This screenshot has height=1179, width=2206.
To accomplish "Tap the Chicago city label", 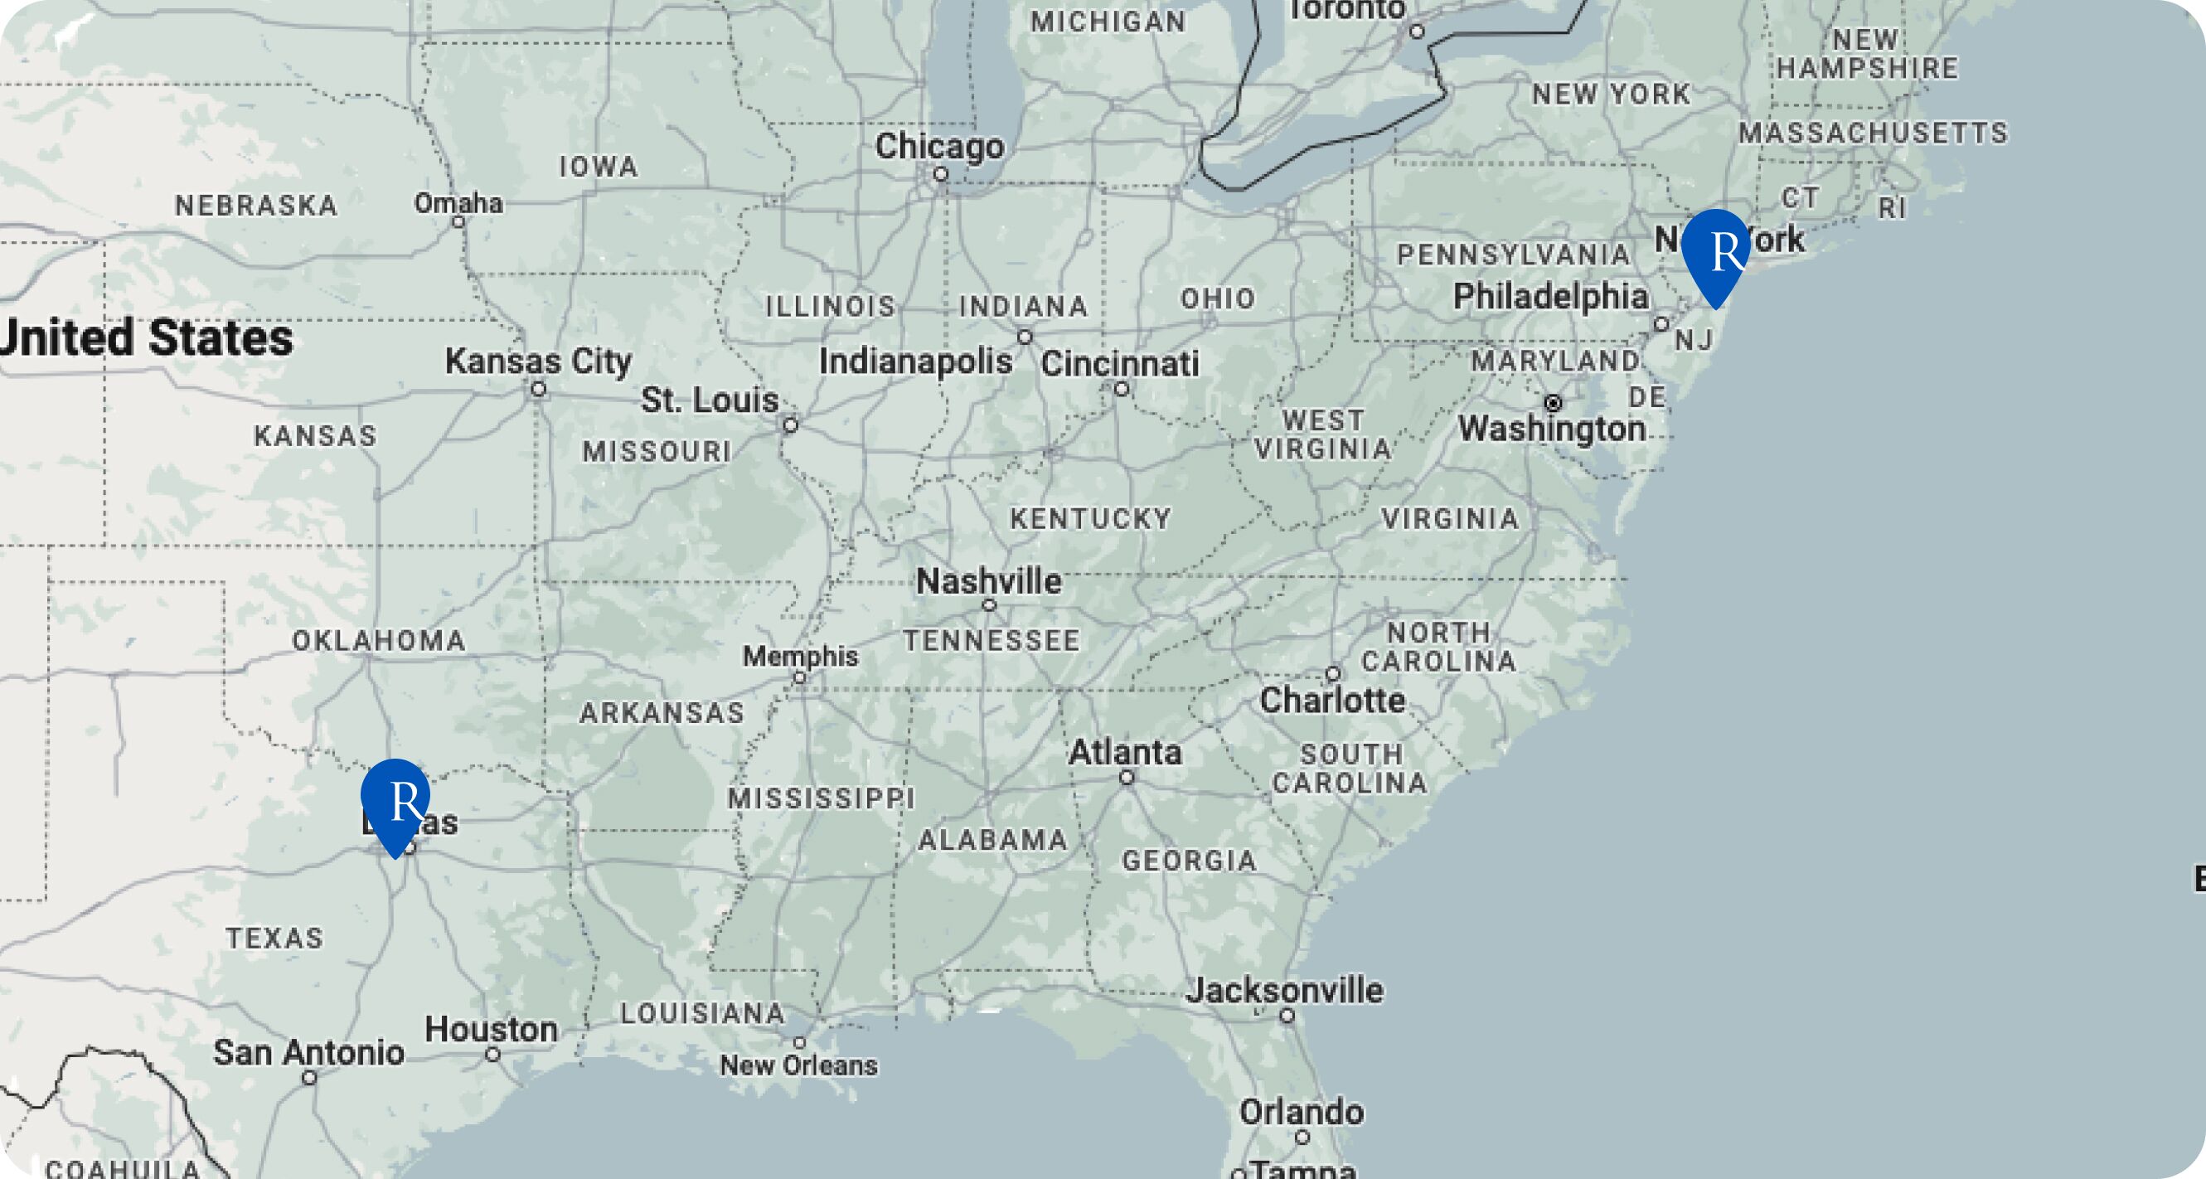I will pyautogui.click(x=939, y=147).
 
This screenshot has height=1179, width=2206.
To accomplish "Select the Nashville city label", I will pyautogui.click(x=988, y=582).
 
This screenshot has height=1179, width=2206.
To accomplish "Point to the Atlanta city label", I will pyautogui.click(x=1125, y=753).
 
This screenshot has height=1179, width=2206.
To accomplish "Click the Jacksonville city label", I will pyautogui.click(x=1283, y=991).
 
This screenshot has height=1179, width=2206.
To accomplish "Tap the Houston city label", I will pyautogui.click(x=492, y=1029).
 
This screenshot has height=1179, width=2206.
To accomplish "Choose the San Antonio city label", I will pyautogui.click(x=308, y=1052).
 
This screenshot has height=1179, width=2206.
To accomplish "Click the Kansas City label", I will pyautogui.click(x=538, y=361).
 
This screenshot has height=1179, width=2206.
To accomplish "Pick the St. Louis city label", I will pyautogui.click(x=710, y=400).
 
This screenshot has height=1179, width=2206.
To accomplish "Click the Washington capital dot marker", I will pyautogui.click(x=1553, y=402).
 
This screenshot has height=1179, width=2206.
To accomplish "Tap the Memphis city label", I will pyautogui.click(x=800, y=657).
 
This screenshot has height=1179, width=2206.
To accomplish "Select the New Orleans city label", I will pyautogui.click(x=798, y=1066).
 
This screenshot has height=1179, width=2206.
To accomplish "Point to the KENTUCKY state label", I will pyautogui.click(x=1090, y=519).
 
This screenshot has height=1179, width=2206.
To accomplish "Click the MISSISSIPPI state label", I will pyautogui.click(x=822, y=798).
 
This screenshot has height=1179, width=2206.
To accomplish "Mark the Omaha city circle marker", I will pyautogui.click(x=459, y=222).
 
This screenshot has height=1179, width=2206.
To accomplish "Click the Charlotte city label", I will pyautogui.click(x=1332, y=701).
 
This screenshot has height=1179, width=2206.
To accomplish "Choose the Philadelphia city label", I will pyautogui.click(x=1551, y=297).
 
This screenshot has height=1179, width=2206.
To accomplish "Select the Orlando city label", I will pyautogui.click(x=1301, y=1113).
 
